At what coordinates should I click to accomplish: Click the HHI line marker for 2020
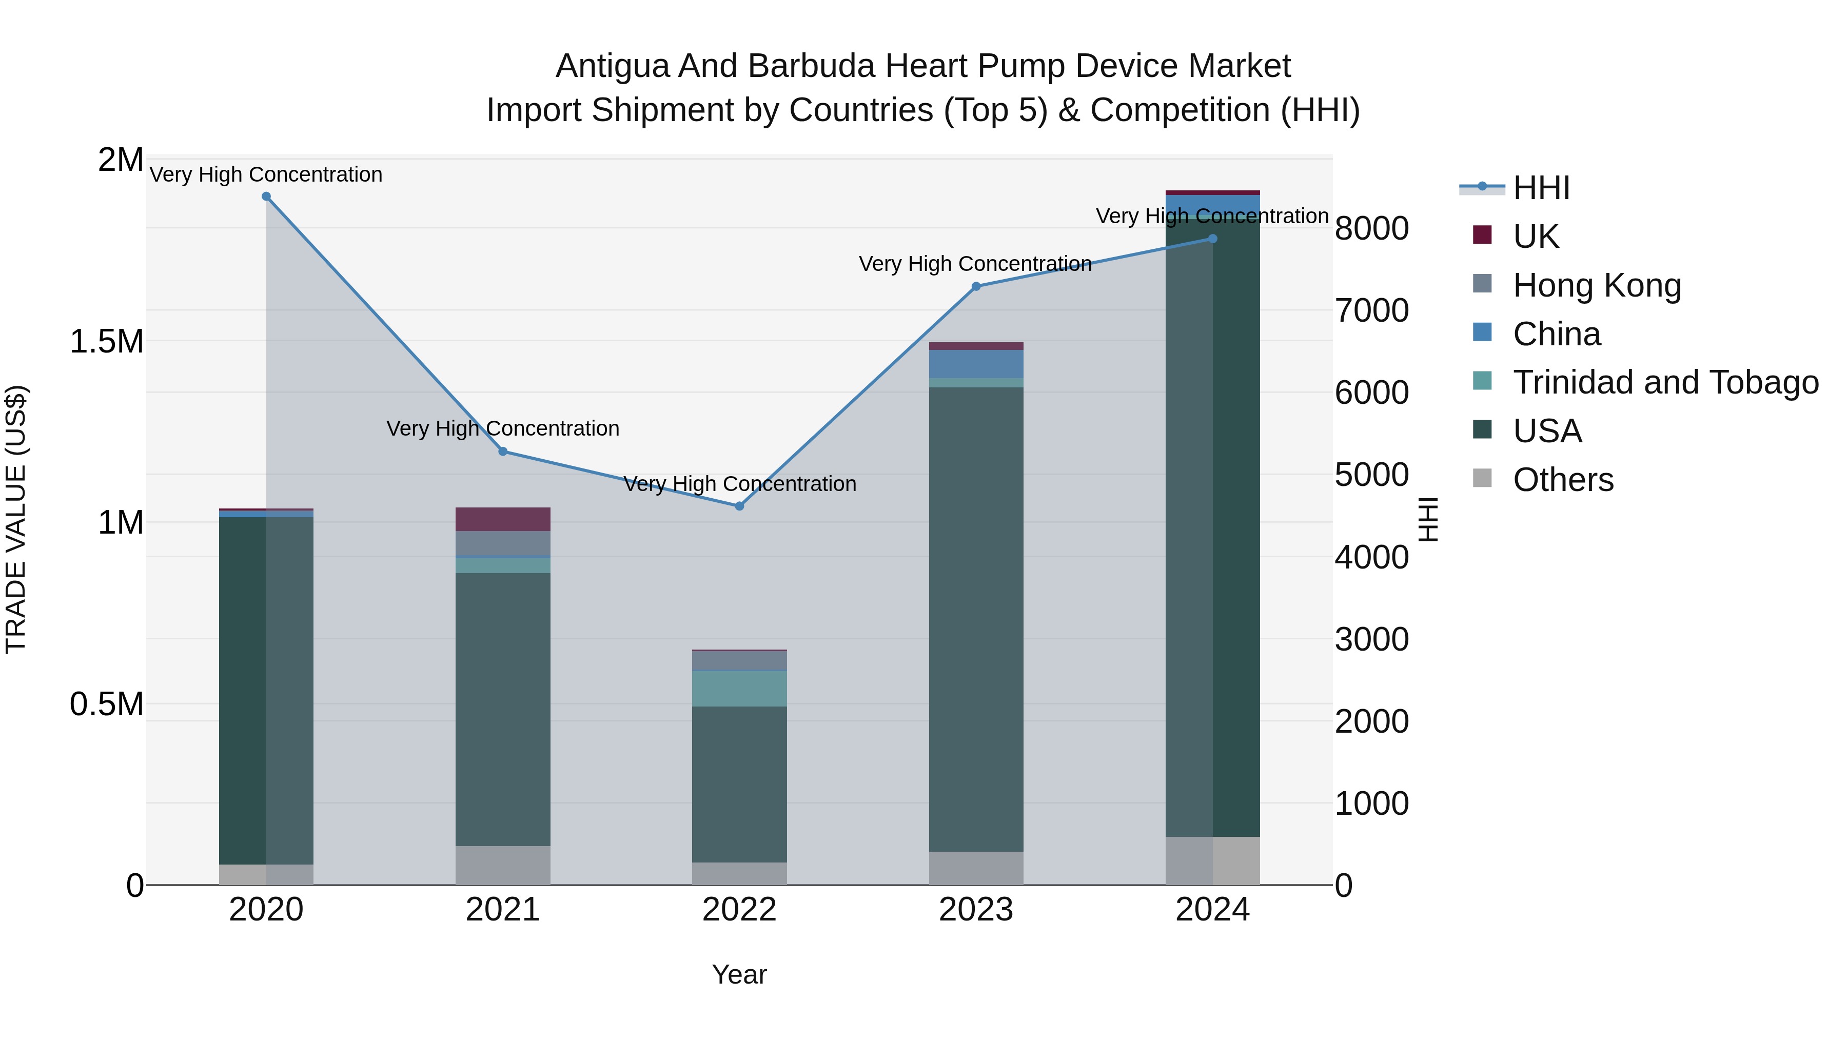point(266,197)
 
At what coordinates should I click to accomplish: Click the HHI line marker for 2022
point(739,506)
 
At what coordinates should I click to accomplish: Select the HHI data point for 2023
point(976,286)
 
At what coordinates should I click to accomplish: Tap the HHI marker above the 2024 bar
point(1212,239)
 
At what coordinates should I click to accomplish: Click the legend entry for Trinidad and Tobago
point(1665,382)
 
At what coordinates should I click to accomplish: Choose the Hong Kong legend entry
point(1597,285)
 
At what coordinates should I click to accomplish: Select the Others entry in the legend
point(1563,480)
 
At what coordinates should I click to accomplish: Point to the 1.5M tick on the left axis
point(106,341)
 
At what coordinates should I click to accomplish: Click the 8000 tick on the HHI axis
point(1371,229)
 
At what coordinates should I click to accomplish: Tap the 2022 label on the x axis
point(739,910)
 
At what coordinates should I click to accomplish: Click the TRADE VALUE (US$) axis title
point(16,519)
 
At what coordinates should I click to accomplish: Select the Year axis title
point(739,974)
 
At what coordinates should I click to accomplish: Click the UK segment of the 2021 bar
point(503,519)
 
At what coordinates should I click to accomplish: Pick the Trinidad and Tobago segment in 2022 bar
point(739,689)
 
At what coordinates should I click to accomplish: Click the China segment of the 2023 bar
point(976,364)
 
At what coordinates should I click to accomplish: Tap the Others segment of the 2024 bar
point(1212,860)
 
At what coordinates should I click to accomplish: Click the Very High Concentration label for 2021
point(503,429)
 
